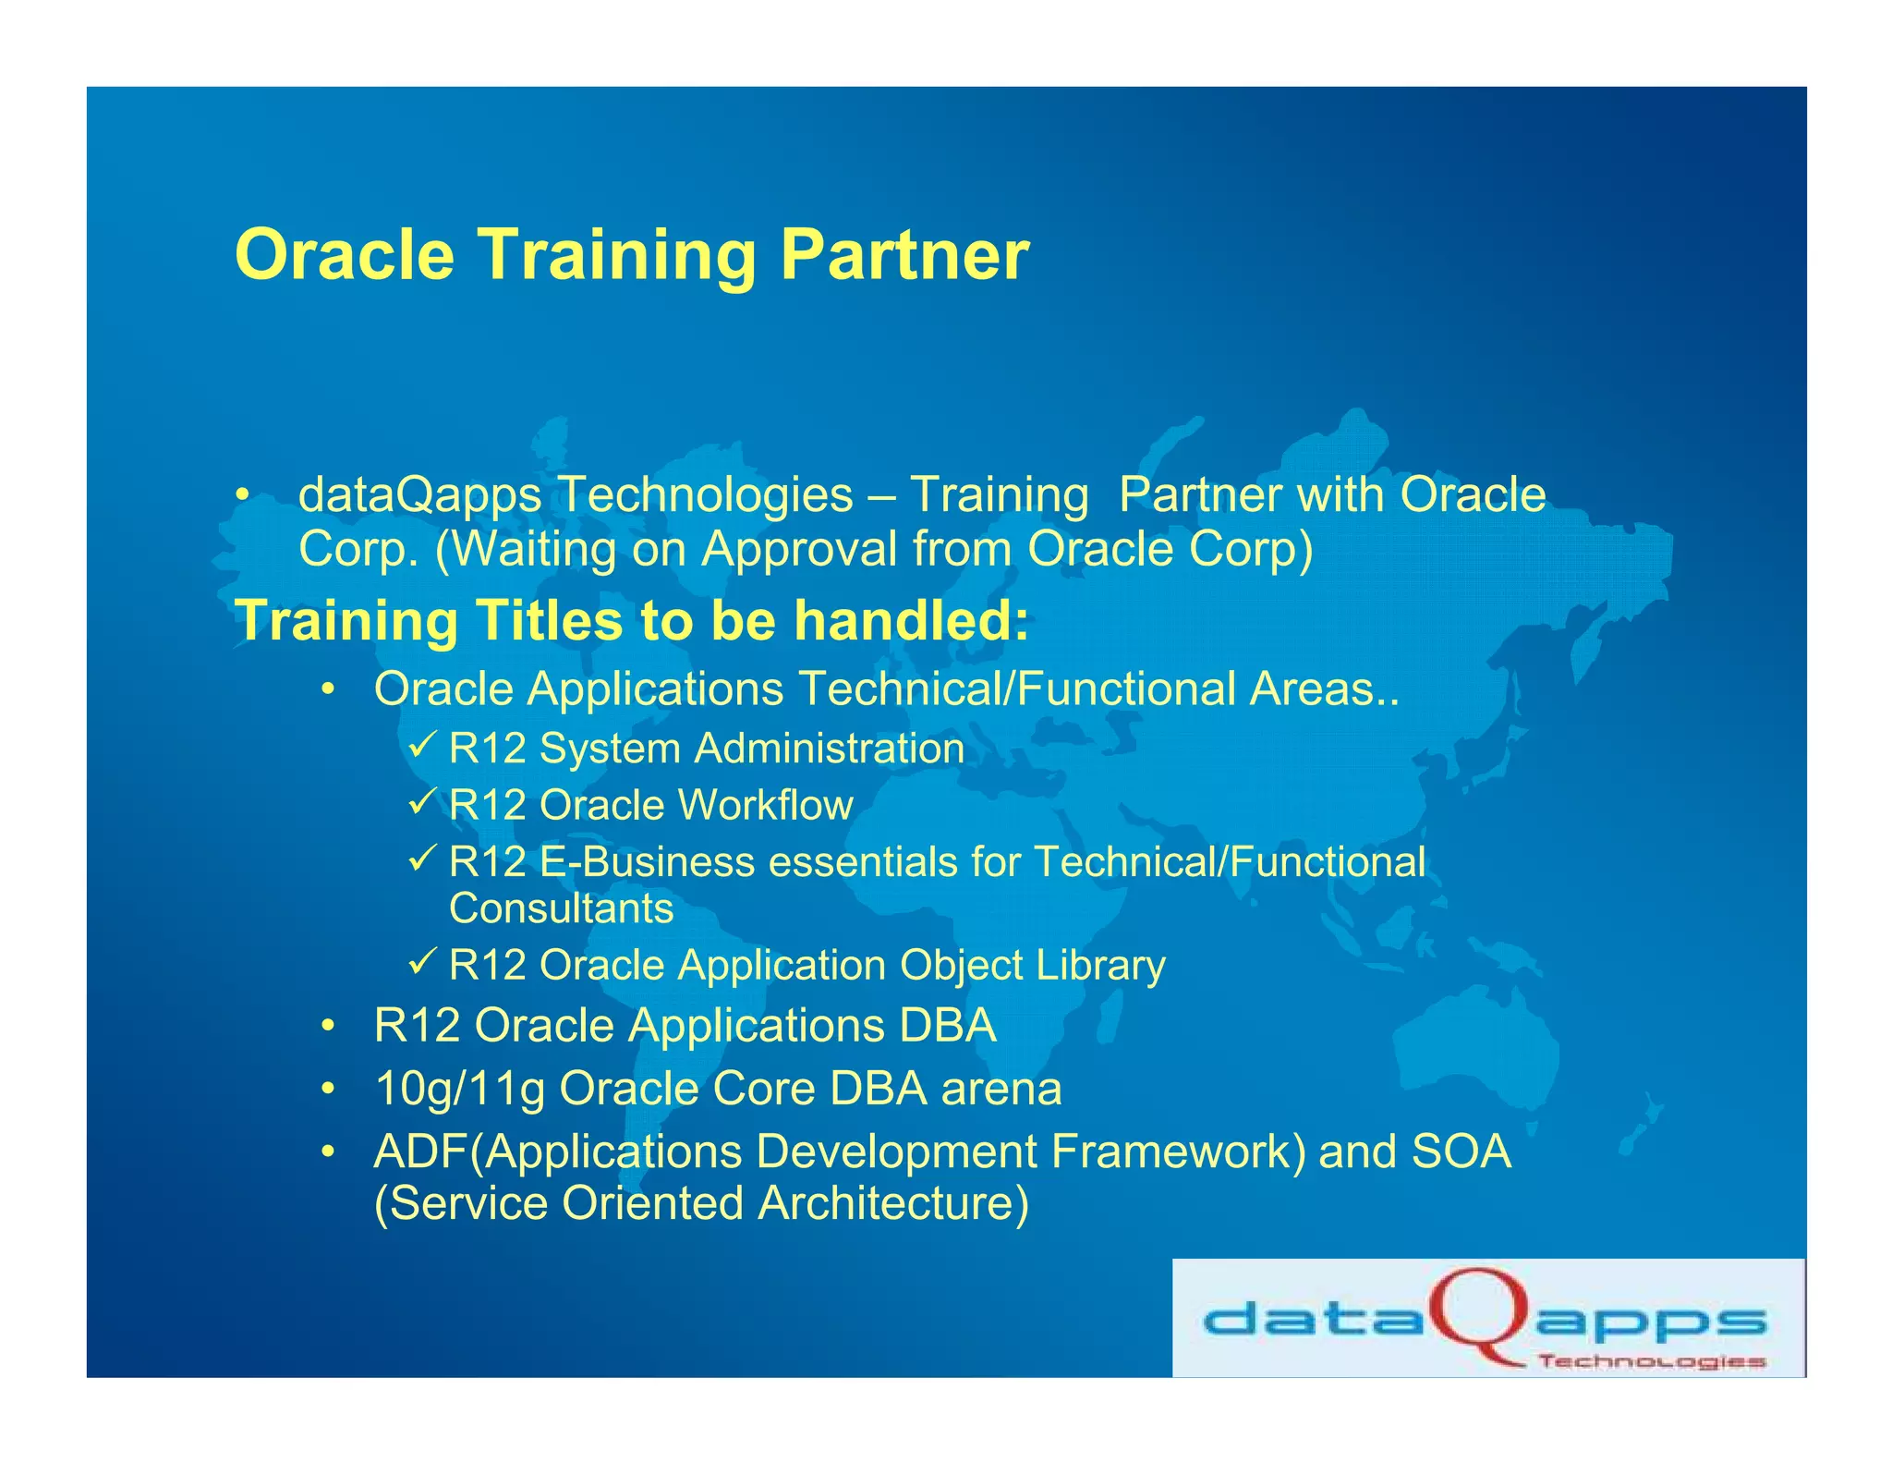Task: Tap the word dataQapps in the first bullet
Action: coord(419,495)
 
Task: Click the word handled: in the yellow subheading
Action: coord(911,620)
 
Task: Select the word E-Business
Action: coord(647,862)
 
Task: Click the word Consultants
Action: coord(561,908)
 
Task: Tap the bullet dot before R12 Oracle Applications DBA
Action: coord(327,1027)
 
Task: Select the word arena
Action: coord(1001,1089)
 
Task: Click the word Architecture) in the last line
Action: coord(892,1203)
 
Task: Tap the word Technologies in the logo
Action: coord(1652,1361)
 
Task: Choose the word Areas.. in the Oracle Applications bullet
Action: coord(1324,689)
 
